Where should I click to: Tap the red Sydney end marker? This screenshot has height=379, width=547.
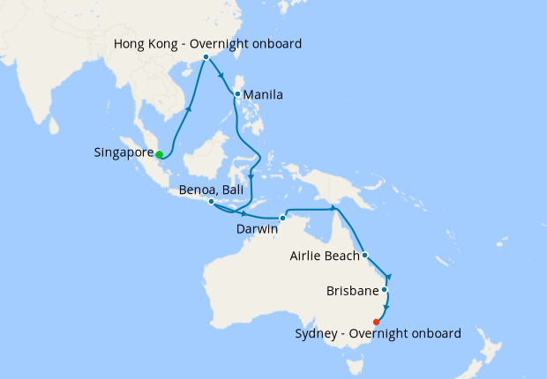tap(377, 322)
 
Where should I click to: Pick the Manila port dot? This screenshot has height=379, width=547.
tap(237, 93)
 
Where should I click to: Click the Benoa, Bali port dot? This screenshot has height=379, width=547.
tap(210, 202)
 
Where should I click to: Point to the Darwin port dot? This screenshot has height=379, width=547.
tap(282, 218)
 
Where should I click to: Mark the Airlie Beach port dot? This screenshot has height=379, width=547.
tap(364, 256)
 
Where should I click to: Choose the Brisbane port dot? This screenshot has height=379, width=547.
tap(384, 289)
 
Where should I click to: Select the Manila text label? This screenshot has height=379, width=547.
tap(263, 94)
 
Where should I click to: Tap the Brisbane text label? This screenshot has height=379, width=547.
tap(353, 289)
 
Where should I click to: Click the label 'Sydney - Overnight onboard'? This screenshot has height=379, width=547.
tap(378, 334)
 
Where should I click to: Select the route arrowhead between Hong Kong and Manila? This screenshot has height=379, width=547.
tap(221, 75)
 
